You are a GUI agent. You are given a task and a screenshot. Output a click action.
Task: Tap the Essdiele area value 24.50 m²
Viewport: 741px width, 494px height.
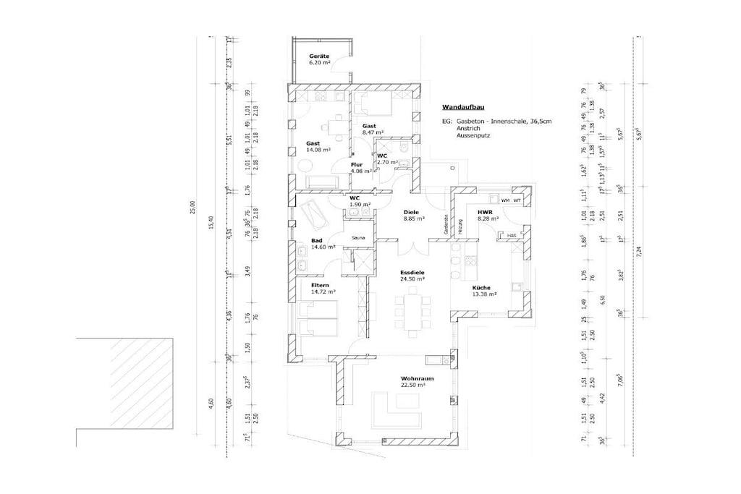[412, 278]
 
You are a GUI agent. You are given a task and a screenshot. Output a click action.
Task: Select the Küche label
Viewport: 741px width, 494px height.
[485, 287]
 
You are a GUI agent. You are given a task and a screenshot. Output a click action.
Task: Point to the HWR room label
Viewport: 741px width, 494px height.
[484, 211]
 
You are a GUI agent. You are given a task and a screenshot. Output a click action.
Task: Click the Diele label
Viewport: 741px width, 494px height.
[412, 211]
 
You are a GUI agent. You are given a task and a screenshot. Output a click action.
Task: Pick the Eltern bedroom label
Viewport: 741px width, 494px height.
[320, 286]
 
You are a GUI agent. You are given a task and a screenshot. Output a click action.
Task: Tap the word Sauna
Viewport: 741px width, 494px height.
[358, 238]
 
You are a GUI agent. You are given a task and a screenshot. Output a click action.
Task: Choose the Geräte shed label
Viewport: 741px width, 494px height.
[319, 56]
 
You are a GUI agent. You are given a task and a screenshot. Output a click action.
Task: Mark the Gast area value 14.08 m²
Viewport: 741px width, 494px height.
[318, 150]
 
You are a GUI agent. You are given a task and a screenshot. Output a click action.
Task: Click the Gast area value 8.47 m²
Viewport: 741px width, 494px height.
[373, 132]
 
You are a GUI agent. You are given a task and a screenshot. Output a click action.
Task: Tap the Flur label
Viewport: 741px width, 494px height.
[356, 165]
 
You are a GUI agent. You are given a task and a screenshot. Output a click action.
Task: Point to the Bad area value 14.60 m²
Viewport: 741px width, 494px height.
[324, 247]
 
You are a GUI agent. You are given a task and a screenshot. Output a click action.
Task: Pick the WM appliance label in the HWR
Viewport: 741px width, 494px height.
[504, 200]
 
